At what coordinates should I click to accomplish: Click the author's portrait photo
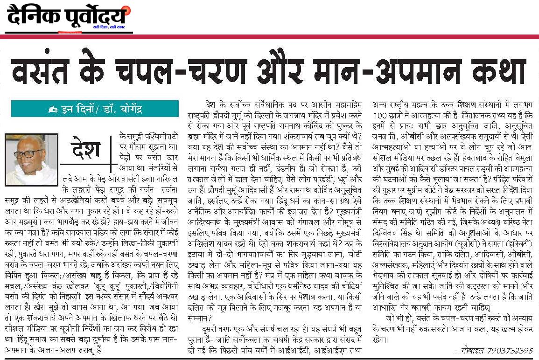click(31, 159)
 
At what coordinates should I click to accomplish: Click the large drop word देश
click(86, 150)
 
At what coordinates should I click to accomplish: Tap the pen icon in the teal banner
click(53, 110)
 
